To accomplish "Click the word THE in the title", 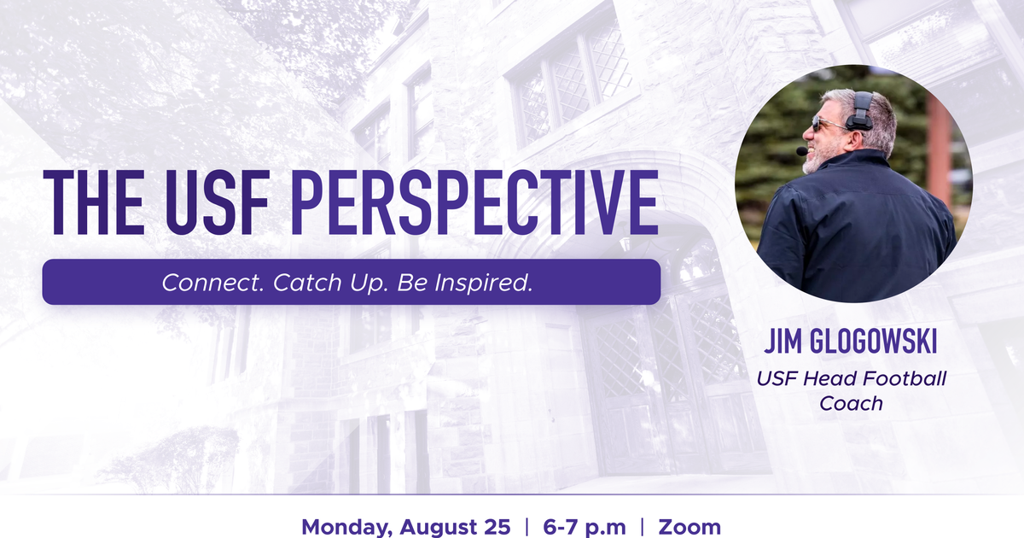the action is coord(94,202).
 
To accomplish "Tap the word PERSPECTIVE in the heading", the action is coord(474,202).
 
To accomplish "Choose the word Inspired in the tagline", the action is coord(483,284).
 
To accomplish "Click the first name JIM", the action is coord(783,342).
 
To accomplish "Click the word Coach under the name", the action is coord(851,403).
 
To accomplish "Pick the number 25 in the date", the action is coord(497,528).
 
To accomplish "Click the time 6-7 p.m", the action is coord(585,528).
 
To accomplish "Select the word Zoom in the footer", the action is coord(689,528).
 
